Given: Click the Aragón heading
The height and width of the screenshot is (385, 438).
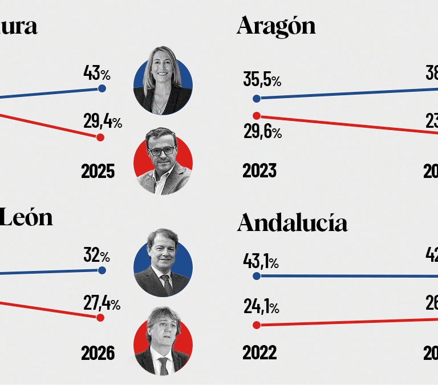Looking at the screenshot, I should pos(276,26).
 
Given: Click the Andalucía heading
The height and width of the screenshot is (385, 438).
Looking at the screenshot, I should pos(292,223).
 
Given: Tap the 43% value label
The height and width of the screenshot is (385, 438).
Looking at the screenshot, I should pos(97,74).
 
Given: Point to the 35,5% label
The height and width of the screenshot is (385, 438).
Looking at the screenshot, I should pos(262,80).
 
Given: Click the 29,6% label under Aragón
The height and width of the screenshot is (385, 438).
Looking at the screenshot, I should pos(262,133).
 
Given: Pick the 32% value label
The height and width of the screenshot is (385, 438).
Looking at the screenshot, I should pos(96,256).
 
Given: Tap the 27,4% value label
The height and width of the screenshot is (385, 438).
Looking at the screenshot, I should pos(102,303).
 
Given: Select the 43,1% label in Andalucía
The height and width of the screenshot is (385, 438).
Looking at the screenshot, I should pos(261,262).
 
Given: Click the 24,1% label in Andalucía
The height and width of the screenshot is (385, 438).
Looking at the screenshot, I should pos(261,308).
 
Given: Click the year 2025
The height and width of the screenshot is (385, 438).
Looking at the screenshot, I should pos(98,171).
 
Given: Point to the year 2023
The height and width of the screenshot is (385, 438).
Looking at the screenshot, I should pos(259,171).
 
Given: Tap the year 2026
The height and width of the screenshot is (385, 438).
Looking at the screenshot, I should pos(98,353).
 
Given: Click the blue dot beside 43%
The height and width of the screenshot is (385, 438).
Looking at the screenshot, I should pos(102,88).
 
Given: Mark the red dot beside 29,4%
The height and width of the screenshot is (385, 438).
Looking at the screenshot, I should pos(100,137).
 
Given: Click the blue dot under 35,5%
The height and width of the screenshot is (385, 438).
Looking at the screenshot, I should pos(257,98).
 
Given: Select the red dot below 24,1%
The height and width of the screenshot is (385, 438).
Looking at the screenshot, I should pos(257,325).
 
